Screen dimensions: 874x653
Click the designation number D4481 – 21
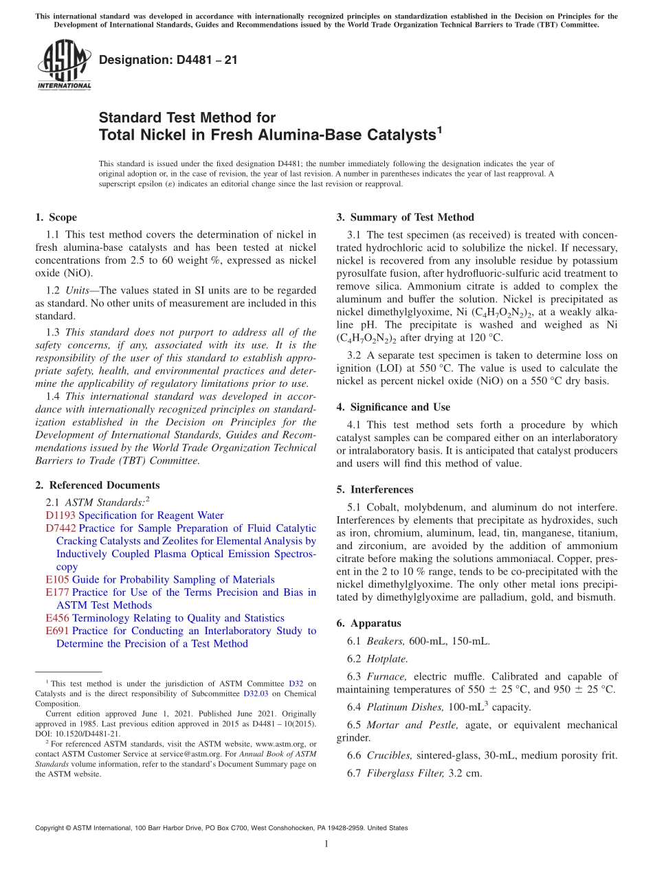tap(168, 60)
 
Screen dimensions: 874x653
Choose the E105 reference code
tap(57, 580)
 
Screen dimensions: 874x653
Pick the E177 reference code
tap(57, 592)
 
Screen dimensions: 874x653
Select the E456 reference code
tap(57, 618)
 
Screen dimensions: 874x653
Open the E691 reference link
tap(57, 631)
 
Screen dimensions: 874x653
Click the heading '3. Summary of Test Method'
tap(405, 217)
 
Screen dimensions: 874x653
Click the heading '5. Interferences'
tap(375, 489)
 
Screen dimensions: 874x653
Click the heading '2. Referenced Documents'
tap(97, 485)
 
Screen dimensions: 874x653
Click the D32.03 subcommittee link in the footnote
tap(254, 694)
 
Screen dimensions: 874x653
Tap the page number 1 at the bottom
tap(326, 844)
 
